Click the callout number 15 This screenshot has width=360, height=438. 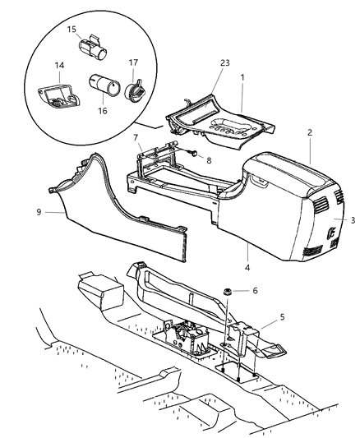72,30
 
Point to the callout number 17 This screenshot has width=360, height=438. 134,62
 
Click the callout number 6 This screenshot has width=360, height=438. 256,289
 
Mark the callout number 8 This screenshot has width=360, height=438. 208,162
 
